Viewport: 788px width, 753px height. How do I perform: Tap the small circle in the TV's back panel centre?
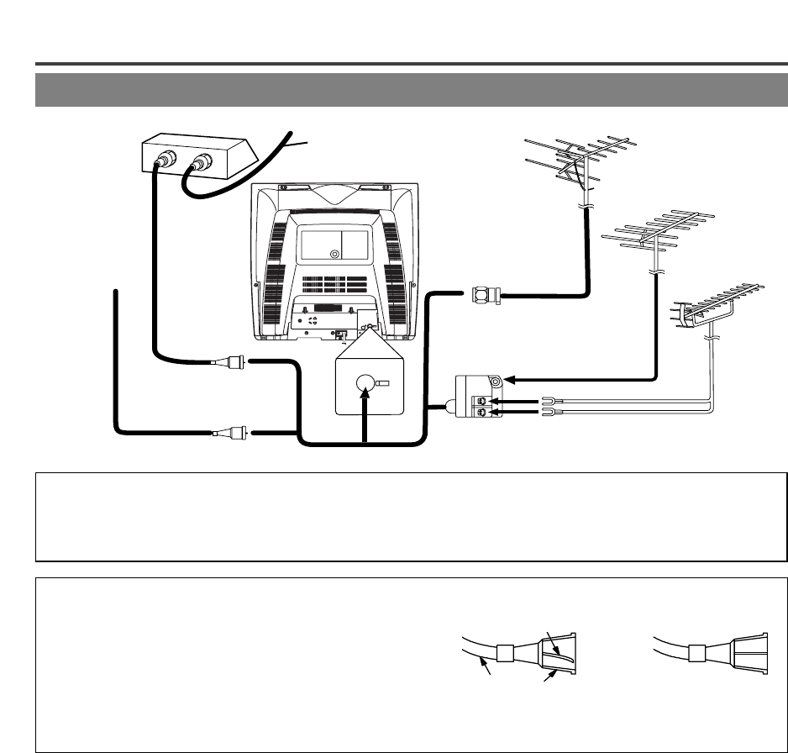[x=334, y=253]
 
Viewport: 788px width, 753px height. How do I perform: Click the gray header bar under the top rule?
[x=411, y=90]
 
